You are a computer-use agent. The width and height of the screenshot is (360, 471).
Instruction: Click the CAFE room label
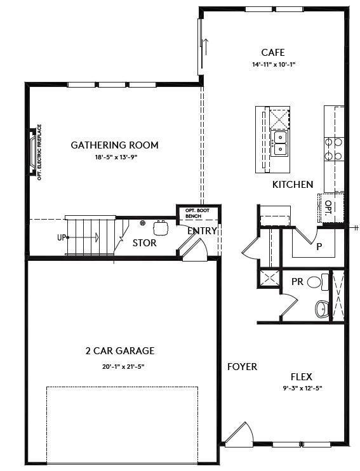pos(273,53)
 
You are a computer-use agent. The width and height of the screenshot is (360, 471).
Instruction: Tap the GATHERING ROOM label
pos(114,145)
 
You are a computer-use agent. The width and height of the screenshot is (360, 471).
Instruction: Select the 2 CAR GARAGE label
pos(120,350)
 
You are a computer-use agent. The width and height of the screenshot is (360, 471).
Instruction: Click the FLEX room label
pos(301,376)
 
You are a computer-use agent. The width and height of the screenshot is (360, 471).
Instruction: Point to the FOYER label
pos(243,367)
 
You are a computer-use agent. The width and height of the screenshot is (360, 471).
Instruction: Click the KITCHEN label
pos(293,185)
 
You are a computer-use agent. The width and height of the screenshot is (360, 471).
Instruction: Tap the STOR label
pos(144,243)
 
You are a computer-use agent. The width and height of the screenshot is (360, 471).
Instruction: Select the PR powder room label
pos(297,281)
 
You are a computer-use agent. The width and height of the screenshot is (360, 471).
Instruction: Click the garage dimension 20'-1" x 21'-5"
pos(120,366)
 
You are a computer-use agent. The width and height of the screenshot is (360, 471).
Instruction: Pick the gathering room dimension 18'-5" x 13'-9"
pos(114,157)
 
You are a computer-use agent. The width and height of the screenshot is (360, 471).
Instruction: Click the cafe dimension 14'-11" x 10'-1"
pos(273,65)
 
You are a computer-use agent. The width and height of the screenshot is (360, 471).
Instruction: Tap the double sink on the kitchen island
pos(279,143)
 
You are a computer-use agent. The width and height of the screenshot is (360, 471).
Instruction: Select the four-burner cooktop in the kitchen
pos(334,149)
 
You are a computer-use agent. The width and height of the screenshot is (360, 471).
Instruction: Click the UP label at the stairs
pos(62,237)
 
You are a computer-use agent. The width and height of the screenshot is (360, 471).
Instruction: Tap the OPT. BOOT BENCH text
pos(193,213)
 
